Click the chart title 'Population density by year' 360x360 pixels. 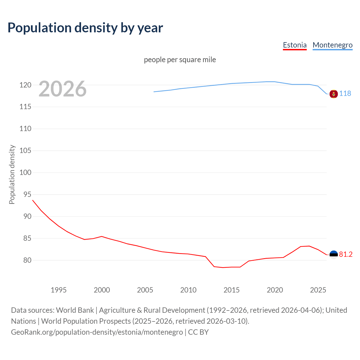coord(85,28)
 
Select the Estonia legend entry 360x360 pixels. coord(294,45)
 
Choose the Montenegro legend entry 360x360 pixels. coord(332,45)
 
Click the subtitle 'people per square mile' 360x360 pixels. coord(180,60)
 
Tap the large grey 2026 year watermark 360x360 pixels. coord(62,89)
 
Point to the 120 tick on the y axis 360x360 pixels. coord(25,85)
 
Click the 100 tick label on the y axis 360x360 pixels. coord(25,173)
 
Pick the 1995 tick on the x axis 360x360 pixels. coord(58,290)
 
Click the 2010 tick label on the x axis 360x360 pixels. coord(188,290)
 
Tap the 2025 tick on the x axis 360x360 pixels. coord(318,290)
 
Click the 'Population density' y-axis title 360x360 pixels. coord(12,174)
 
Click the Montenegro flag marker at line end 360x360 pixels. coord(334,94)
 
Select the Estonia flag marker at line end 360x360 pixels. coord(334,255)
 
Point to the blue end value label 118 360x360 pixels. coord(345,93)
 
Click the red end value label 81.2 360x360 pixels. coord(346,254)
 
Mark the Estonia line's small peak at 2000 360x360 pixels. coord(102,236)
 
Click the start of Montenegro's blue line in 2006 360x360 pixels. coord(154,92)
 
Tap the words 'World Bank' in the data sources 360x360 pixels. coord(75,310)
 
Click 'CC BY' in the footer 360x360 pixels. coord(198,332)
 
